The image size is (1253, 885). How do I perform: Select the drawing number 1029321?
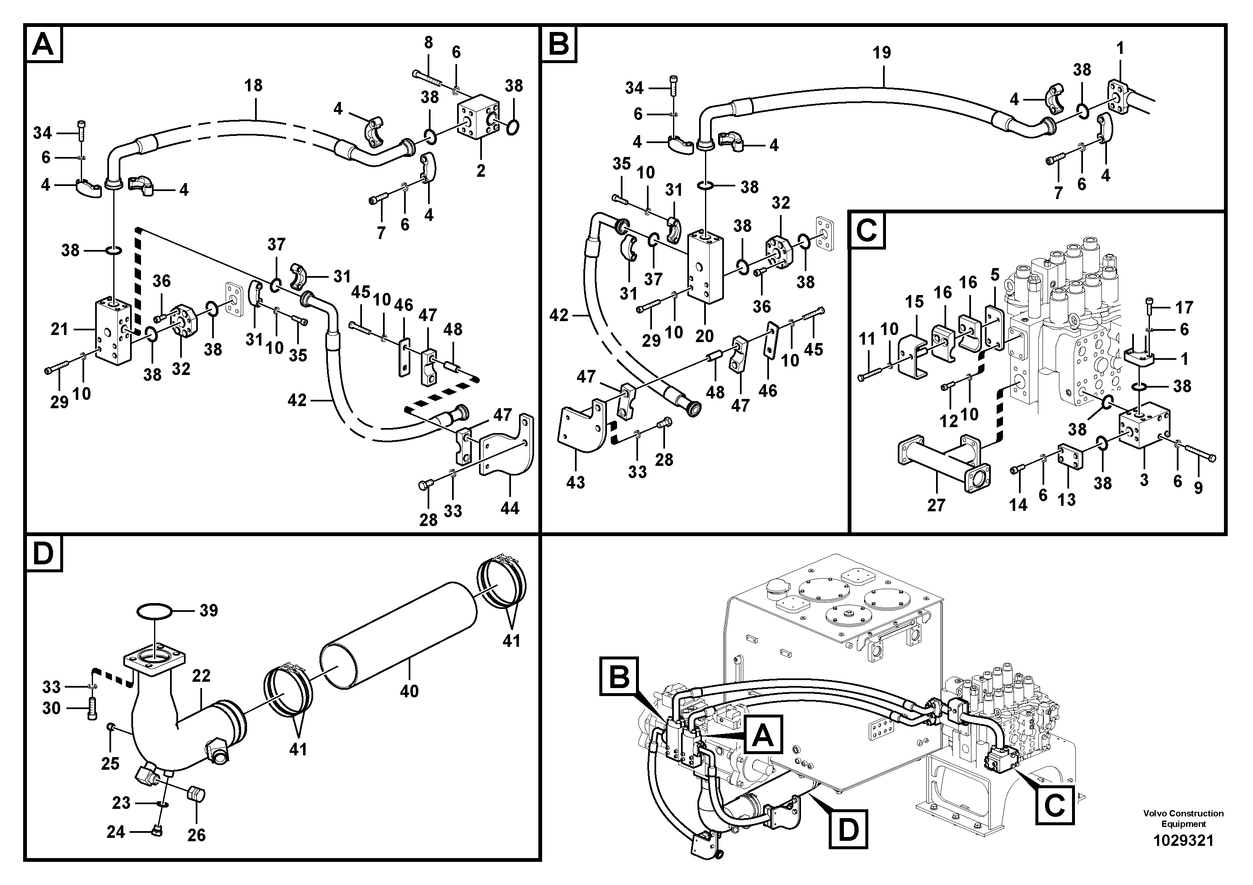point(1183,841)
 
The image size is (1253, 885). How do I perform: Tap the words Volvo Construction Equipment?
point(1183,819)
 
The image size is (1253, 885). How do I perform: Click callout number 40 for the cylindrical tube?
point(409,691)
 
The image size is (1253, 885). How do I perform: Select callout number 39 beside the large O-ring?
point(208,611)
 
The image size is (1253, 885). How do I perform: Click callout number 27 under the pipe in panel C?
point(936,505)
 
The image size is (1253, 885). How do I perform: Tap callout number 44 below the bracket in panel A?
point(510,508)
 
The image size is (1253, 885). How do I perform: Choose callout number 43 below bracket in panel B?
point(575,482)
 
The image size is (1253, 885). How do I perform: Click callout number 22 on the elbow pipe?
point(201,676)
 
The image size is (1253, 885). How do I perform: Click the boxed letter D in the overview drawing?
point(848,830)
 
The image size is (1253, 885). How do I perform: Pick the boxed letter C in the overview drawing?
point(1054,805)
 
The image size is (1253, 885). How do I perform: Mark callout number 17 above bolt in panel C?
point(1184,308)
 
